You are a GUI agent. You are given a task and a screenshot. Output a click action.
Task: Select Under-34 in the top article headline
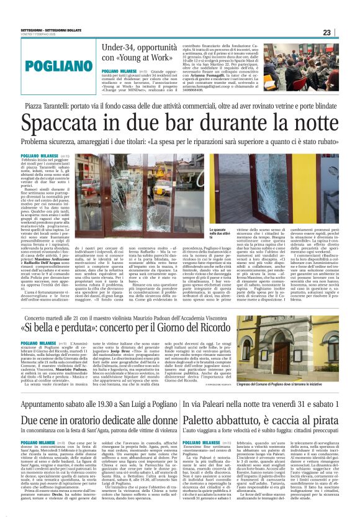[x=120, y=47]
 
